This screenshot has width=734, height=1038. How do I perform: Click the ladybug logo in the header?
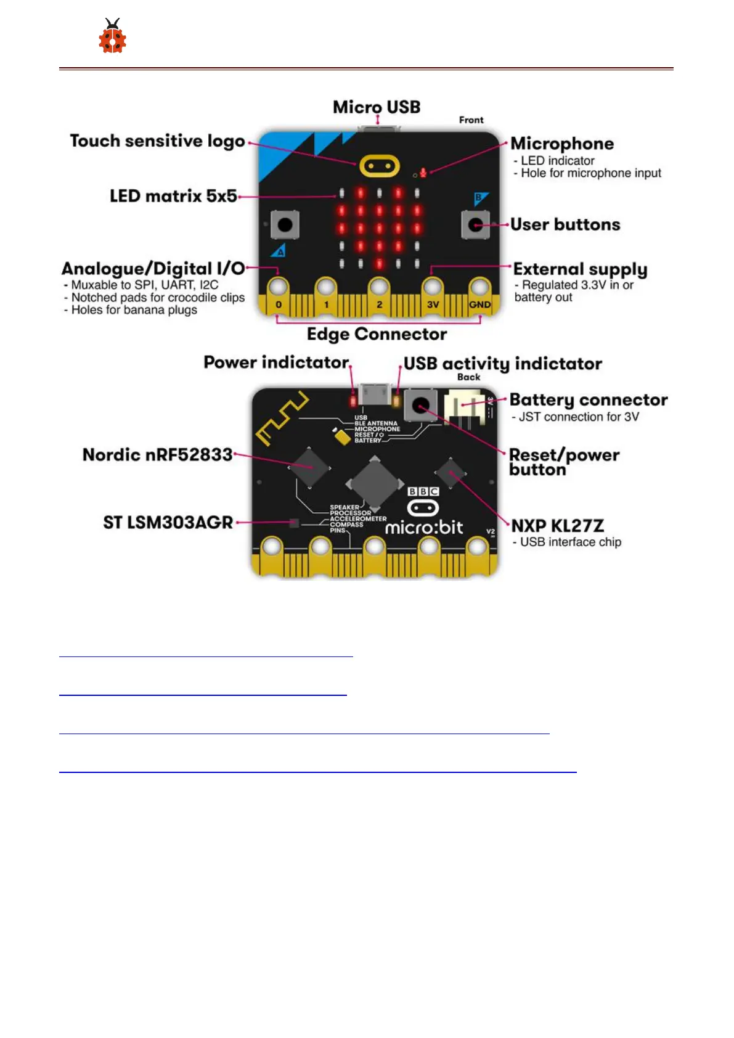(112, 37)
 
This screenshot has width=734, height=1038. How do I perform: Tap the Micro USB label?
(377, 107)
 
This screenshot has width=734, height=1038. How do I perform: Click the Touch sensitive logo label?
(157, 141)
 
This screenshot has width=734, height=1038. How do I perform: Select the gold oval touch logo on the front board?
(380, 166)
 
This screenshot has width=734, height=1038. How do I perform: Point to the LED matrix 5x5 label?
(173, 196)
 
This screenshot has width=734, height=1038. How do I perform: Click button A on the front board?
(285, 224)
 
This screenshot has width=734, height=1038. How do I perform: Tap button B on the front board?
(475, 224)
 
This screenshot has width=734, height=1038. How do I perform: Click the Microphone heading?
(562, 144)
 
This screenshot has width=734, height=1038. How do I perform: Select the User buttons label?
(565, 224)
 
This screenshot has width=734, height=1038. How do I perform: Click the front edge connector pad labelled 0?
(279, 288)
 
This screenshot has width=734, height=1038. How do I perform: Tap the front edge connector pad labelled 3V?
(433, 288)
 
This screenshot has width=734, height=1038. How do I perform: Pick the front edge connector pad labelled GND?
(479, 288)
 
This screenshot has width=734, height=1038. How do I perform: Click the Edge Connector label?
(377, 334)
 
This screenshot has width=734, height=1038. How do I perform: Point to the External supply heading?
(580, 269)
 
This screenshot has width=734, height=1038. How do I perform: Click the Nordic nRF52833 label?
(158, 455)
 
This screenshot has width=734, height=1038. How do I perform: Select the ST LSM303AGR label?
(168, 523)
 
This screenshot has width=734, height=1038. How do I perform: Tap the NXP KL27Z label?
(557, 526)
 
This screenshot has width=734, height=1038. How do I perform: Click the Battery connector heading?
(589, 400)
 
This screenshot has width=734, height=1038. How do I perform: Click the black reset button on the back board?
(421, 406)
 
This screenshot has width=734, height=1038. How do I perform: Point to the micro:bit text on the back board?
(424, 528)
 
